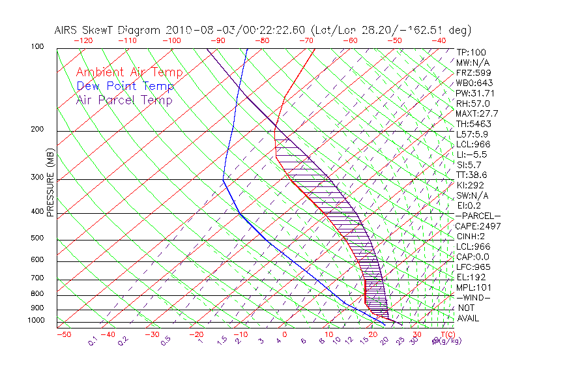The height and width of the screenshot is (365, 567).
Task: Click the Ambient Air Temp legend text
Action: [129, 73]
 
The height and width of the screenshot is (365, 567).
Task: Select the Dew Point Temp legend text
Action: [125, 87]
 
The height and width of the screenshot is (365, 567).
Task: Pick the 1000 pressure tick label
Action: [36, 320]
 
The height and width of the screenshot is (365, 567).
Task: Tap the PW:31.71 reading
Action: [475, 93]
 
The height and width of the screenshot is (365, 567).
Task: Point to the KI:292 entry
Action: [470, 185]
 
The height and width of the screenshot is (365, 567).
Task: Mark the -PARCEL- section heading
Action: [478, 216]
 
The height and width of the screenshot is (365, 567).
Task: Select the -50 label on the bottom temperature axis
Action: [64, 334]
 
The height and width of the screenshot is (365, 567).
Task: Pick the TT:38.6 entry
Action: [471, 175]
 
